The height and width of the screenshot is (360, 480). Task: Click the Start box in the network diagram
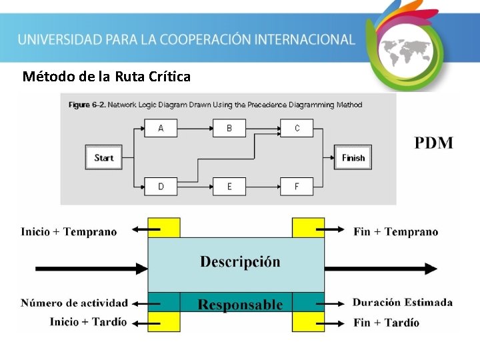[x=103, y=158]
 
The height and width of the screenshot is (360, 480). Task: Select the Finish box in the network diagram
[x=353, y=158]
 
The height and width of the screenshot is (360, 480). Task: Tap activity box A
[x=161, y=128]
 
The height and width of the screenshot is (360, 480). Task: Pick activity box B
[x=229, y=128]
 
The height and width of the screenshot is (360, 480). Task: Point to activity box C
[x=297, y=128]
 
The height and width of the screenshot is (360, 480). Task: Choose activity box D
[x=161, y=186]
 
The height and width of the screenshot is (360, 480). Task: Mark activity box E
[x=229, y=186]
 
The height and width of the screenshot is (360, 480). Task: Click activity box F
[x=297, y=186]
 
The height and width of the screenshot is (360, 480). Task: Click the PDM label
[x=434, y=143]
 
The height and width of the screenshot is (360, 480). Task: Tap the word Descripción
[x=240, y=262]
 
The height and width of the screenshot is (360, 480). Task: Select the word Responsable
[x=240, y=305]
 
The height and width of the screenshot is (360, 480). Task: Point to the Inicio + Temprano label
[x=69, y=232]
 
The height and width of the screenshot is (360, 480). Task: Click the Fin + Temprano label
[x=396, y=232]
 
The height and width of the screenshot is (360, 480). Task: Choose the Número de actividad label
[x=74, y=303]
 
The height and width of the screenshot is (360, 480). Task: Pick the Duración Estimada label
[x=403, y=303]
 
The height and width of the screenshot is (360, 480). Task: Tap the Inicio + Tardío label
[x=88, y=322]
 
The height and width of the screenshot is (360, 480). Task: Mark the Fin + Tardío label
[x=387, y=323]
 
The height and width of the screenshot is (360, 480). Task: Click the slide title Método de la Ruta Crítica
[x=107, y=77]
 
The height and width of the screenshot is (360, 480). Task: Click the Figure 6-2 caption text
[x=215, y=105]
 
